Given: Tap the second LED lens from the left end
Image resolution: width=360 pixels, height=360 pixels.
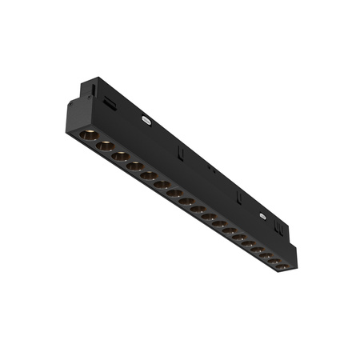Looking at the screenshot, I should click(x=104, y=146).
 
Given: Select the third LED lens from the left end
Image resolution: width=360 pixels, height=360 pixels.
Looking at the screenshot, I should click(x=120, y=156).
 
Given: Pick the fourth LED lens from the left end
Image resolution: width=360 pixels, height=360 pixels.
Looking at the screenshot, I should click(x=134, y=166).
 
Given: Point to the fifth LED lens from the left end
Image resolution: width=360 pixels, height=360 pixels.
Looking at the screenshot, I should click(x=148, y=176).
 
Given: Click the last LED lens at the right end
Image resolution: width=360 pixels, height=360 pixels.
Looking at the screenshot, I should click(x=282, y=265).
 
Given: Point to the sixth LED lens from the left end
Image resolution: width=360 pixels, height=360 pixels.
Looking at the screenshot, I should click(x=161, y=185).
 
